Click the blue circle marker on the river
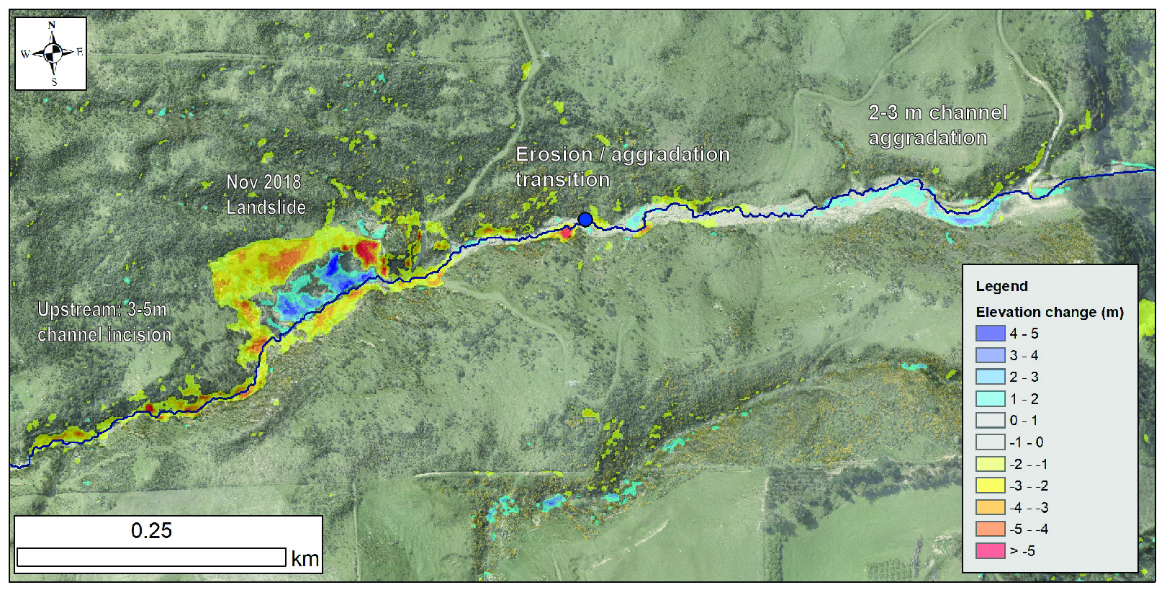click(x=585, y=220)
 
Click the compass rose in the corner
click(x=51, y=53)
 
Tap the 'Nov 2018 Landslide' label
click(x=265, y=195)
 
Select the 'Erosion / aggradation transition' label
click(x=622, y=166)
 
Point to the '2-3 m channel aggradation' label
click(x=937, y=125)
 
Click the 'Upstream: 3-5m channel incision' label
click(x=104, y=322)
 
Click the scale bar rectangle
click(x=151, y=558)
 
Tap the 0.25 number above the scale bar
click(x=151, y=531)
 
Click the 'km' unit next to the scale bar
click(x=305, y=558)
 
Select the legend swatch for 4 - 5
click(x=990, y=334)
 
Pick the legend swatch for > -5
click(x=990, y=551)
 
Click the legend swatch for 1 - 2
click(x=990, y=399)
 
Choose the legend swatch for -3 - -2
click(x=990, y=486)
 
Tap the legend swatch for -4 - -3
click(x=990, y=507)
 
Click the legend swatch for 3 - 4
click(x=990, y=355)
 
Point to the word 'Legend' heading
click(x=1001, y=286)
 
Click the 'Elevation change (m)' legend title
click(x=1049, y=312)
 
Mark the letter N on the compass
click(x=52, y=25)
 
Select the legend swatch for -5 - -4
click(x=990, y=529)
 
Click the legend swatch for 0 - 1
click(x=990, y=421)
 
